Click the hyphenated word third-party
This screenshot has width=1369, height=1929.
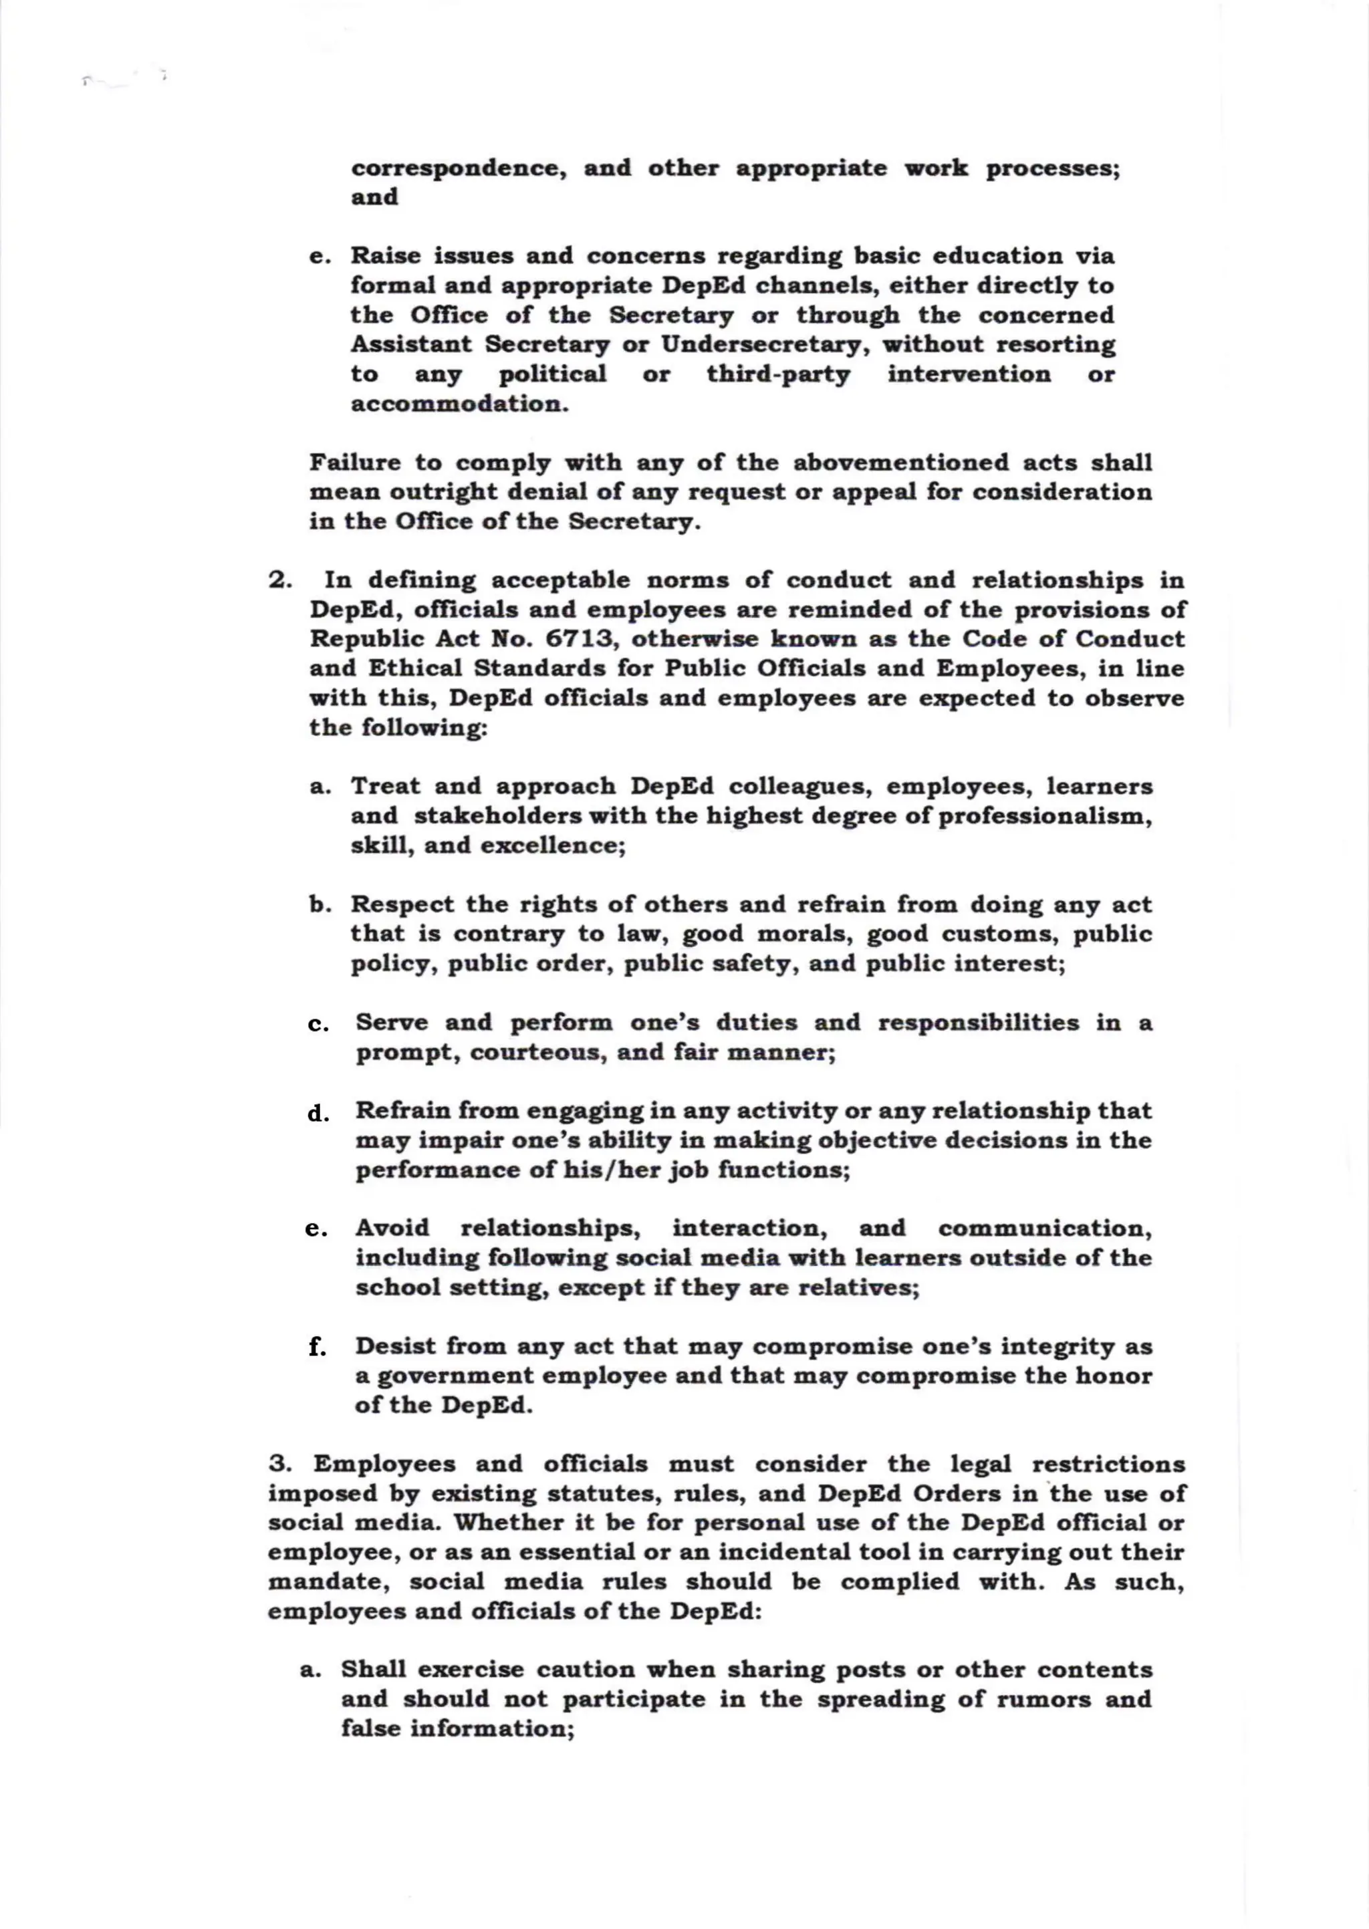tap(778, 374)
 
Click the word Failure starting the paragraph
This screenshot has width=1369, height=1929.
tap(355, 463)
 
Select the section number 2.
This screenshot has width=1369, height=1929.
tap(280, 581)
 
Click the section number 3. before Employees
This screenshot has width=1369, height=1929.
tap(280, 1464)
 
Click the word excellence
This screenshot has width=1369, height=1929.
tap(552, 846)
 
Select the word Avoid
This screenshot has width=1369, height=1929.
tap(392, 1228)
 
